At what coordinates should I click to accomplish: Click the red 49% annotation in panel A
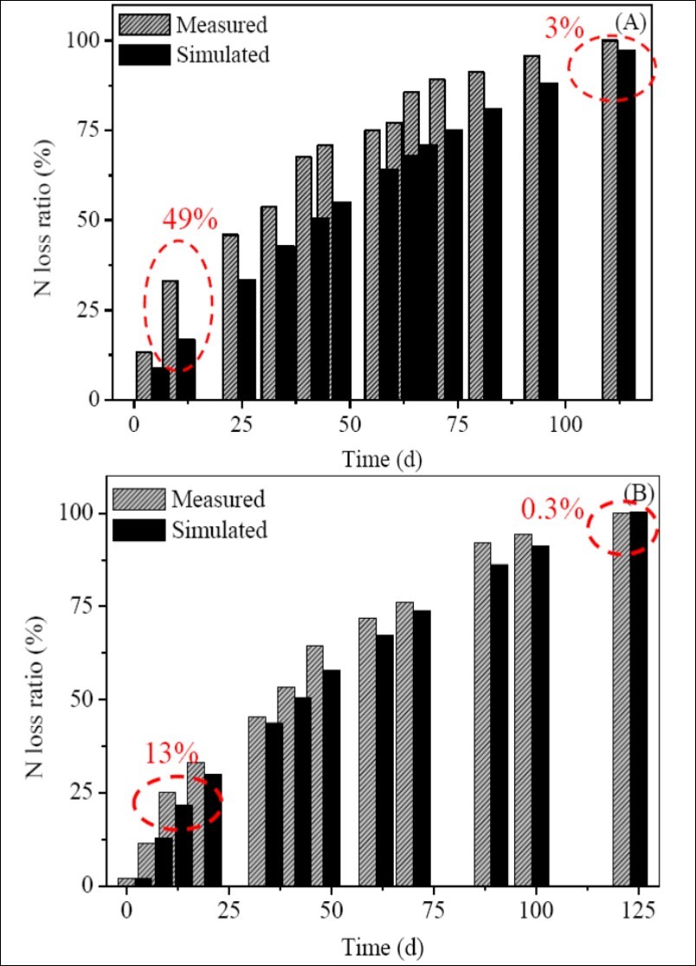click(x=190, y=219)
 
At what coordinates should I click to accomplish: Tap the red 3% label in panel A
click(x=564, y=29)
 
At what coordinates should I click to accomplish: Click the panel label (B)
click(x=639, y=493)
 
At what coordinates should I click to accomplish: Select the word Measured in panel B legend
click(x=218, y=499)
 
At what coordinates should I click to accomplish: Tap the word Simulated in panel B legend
click(x=220, y=530)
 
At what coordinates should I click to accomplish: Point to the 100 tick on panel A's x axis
click(x=564, y=426)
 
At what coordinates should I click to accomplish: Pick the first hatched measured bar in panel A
click(x=144, y=376)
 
